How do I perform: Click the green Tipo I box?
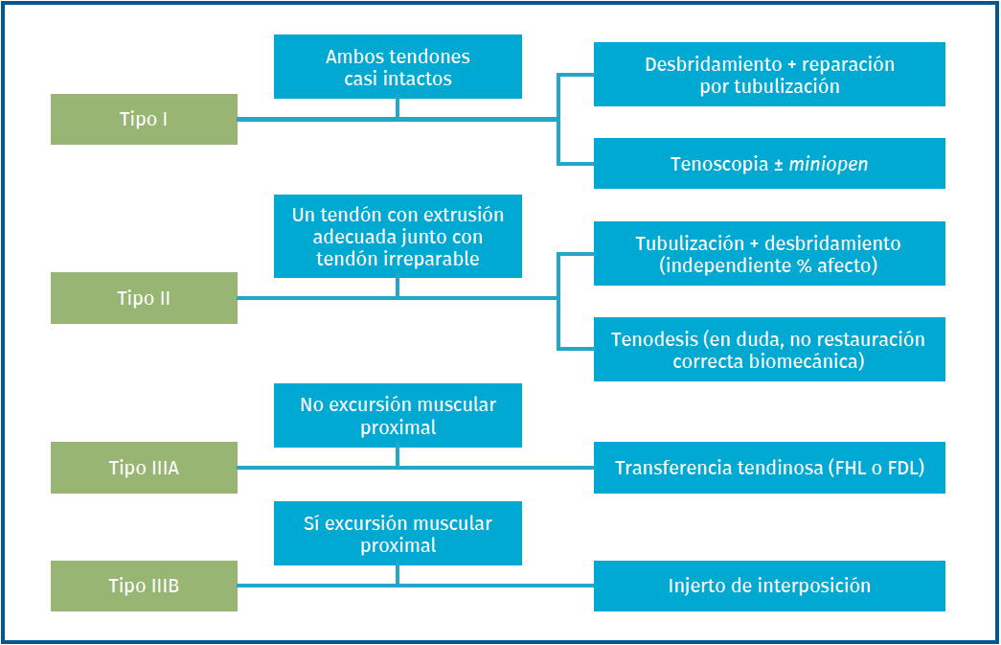click(144, 120)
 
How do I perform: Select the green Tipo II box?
click(144, 298)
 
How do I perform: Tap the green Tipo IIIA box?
click(144, 468)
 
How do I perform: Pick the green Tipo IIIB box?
click(144, 586)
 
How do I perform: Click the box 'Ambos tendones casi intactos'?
click(398, 67)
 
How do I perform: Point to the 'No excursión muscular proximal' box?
click(398, 416)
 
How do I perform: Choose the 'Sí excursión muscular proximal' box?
click(398, 534)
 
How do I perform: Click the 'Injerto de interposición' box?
click(769, 586)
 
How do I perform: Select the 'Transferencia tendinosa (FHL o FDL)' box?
click(769, 468)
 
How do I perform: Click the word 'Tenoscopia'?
click(719, 164)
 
